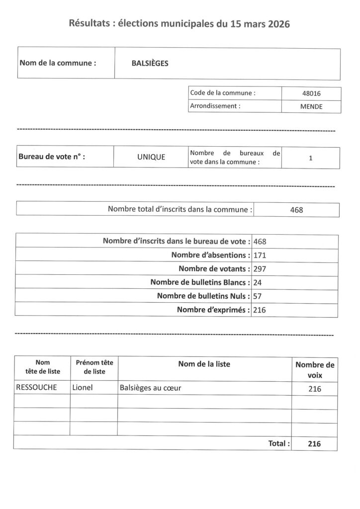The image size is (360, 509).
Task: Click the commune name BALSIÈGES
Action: click(150, 64)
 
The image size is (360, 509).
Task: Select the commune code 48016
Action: click(311, 93)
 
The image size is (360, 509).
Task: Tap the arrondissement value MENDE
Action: click(311, 106)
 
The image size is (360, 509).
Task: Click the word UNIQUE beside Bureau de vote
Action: click(151, 157)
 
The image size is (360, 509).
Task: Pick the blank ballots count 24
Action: click(258, 282)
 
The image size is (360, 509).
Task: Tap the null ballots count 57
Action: click(258, 296)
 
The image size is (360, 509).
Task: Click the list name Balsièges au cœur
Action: click(150, 388)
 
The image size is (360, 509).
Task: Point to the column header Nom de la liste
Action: click(204, 364)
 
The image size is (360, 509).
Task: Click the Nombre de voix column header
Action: click(315, 370)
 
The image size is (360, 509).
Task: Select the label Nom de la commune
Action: click(58, 63)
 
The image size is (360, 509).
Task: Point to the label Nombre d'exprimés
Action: click(213, 310)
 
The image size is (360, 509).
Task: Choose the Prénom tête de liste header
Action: click(94, 367)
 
